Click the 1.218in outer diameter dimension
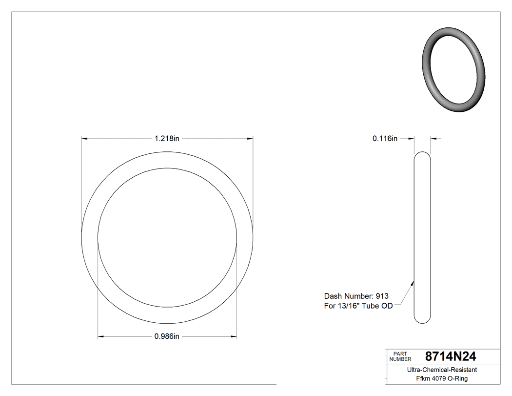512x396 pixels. [x=167, y=139]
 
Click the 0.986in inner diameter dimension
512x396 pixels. [x=167, y=336]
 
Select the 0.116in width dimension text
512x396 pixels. [x=385, y=139]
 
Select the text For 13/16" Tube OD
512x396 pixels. [x=358, y=306]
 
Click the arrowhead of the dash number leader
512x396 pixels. [x=413, y=282]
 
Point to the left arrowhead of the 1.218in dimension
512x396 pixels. [x=84, y=139]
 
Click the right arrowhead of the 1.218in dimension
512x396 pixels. [x=250, y=139]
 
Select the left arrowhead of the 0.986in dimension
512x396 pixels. [x=101, y=336]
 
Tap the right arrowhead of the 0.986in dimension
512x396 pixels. [x=234, y=336]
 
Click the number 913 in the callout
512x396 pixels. [x=382, y=296]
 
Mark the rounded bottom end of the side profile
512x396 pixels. [x=422, y=320]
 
